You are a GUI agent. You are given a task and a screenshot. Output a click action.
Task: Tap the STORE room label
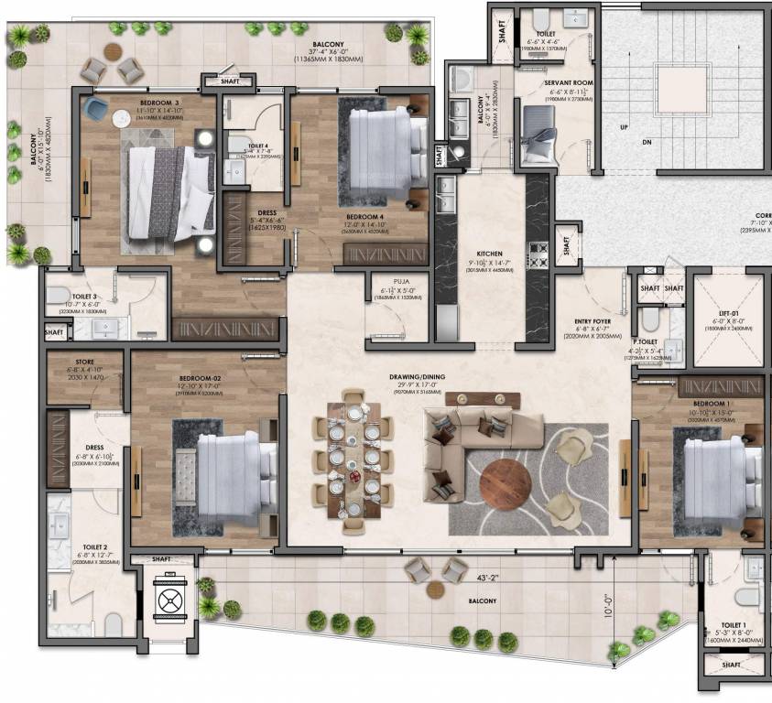click(83, 362)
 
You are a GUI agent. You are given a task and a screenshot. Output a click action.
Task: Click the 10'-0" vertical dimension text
click(609, 605)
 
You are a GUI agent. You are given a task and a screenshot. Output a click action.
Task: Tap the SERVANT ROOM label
click(571, 82)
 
